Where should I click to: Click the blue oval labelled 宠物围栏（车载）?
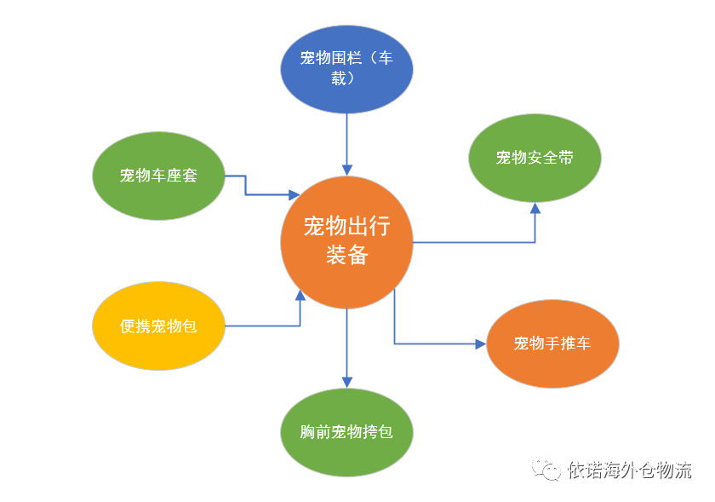tap(346, 69)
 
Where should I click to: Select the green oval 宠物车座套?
tap(158, 176)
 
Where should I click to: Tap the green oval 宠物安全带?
tap(535, 158)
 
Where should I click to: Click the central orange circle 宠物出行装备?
tap(346, 242)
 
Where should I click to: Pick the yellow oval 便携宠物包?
tap(158, 326)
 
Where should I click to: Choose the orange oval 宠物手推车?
tap(552, 343)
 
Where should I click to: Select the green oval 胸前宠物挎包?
tap(346, 432)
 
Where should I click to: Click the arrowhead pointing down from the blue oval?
tap(347, 170)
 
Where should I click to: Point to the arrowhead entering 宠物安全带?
tap(535, 208)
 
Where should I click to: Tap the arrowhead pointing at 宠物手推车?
tap(481, 343)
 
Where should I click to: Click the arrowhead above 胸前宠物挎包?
tap(347, 383)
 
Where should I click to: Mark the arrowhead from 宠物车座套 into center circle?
tap(295, 195)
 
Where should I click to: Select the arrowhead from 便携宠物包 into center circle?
tap(300, 295)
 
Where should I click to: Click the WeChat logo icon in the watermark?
tap(546, 469)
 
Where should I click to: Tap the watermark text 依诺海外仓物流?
tap(629, 470)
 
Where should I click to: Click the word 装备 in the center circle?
tap(347, 255)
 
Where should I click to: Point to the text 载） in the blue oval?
tap(343, 78)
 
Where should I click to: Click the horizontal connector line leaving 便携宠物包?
tap(263, 326)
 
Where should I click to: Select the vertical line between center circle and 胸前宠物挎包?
tap(347, 343)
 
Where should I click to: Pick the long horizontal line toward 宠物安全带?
tap(474, 242)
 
